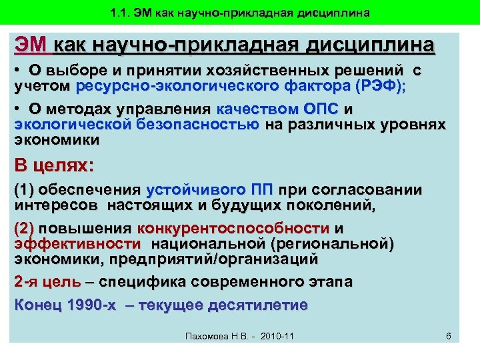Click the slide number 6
point(449,336)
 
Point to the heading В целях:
point(55,165)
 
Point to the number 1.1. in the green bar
point(123,13)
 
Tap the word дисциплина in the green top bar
point(332,13)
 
